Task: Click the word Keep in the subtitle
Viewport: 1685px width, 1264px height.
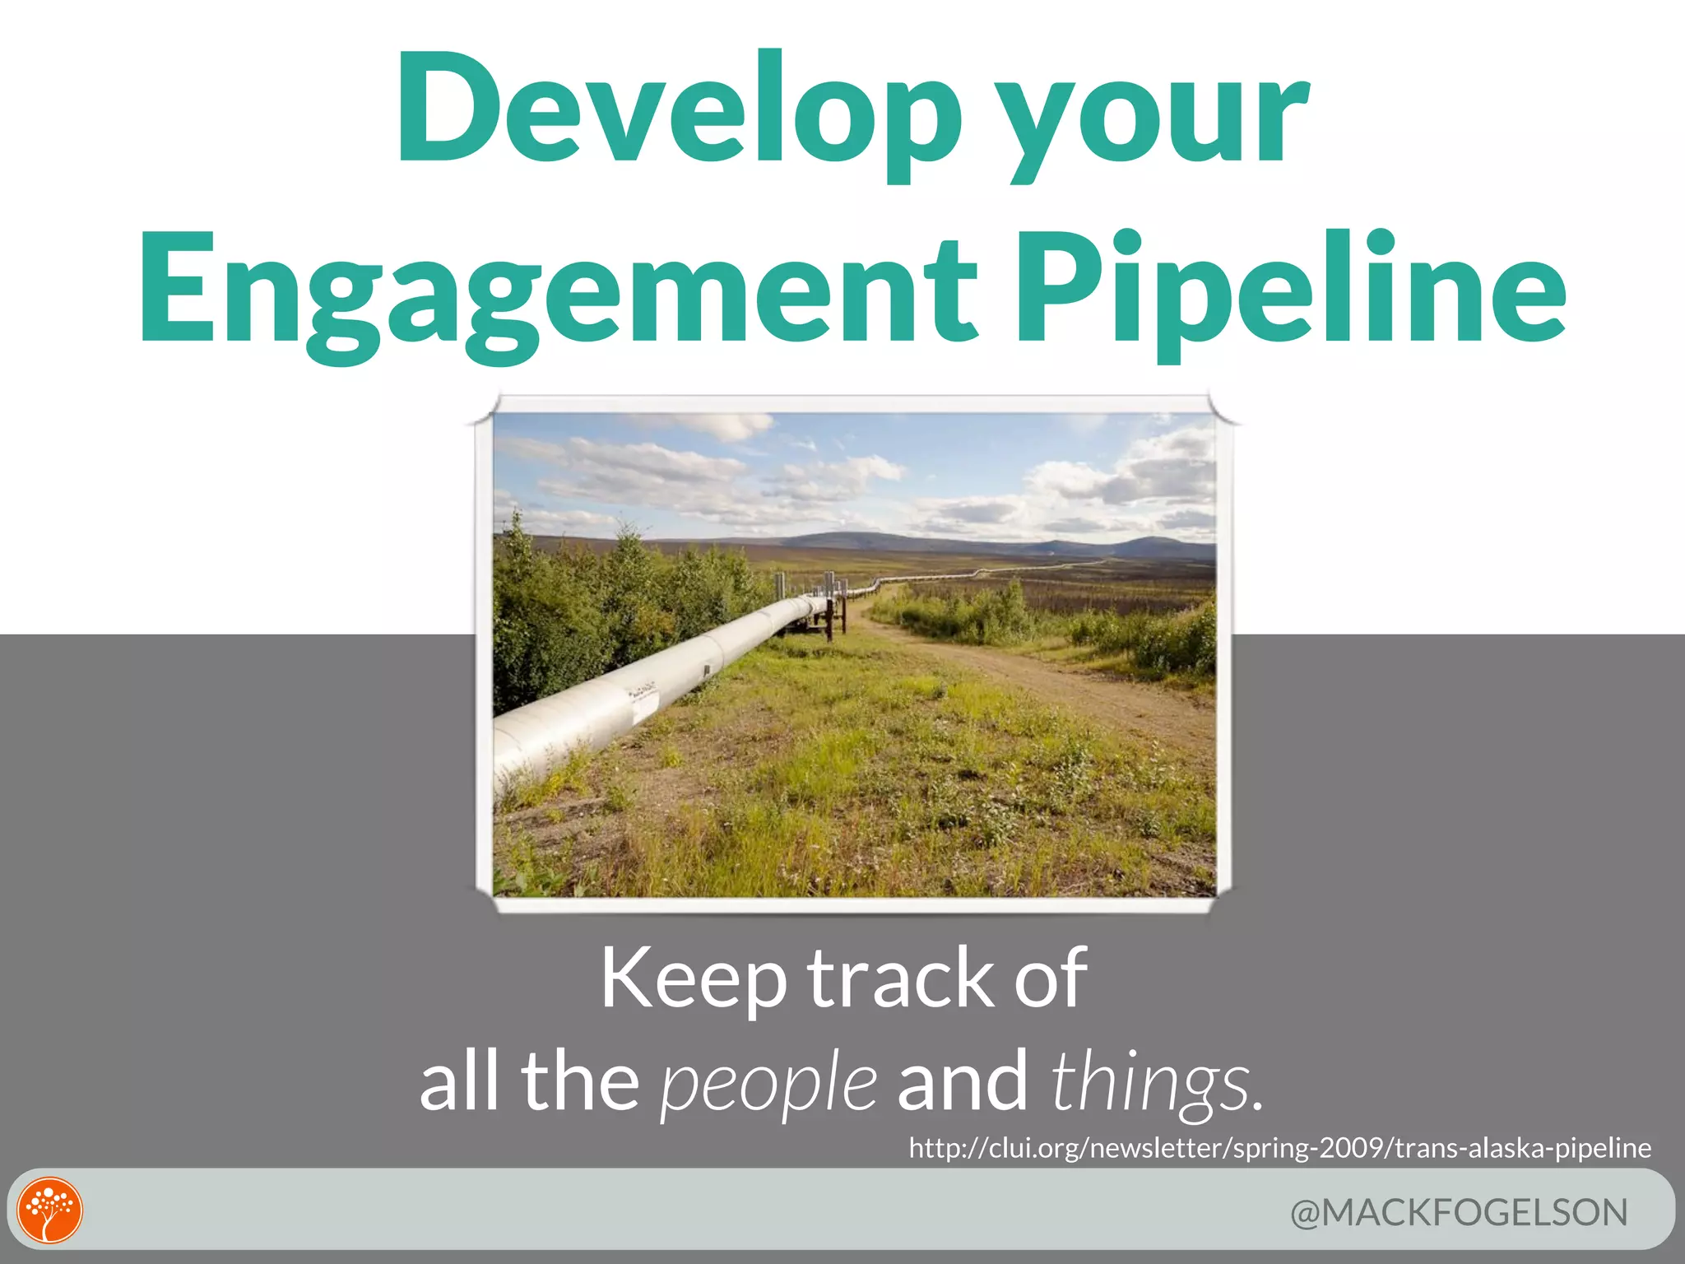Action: click(693, 979)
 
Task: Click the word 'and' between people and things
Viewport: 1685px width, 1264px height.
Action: click(962, 1081)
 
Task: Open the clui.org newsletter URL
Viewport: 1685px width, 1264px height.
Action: click(1279, 1147)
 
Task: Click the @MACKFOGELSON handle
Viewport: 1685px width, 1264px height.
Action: click(1459, 1213)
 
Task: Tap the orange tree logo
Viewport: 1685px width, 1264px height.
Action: click(51, 1211)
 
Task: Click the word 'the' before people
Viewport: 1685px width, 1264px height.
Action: click(579, 1081)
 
